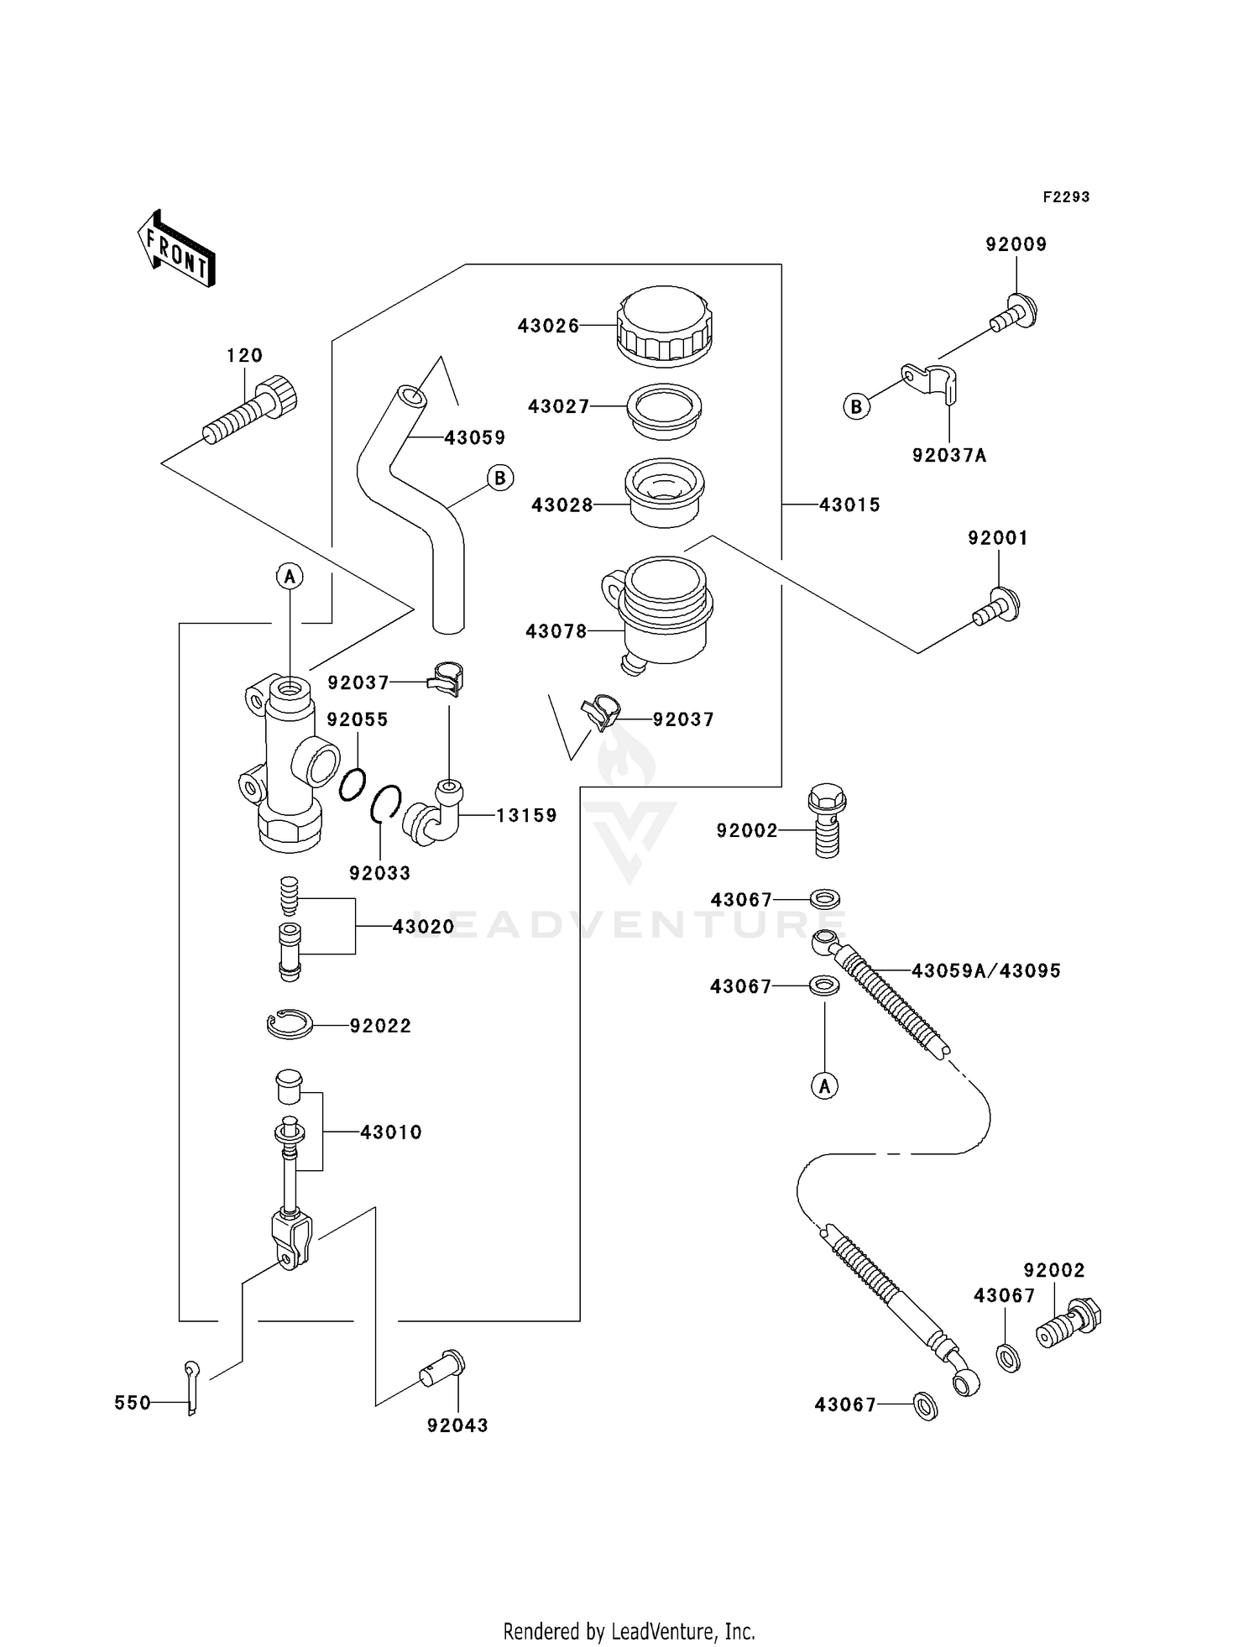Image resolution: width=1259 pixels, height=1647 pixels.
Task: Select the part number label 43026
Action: tap(548, 326)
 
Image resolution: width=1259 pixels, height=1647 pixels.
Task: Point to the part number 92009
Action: tap(1016, 244)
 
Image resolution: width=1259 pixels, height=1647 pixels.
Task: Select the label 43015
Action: tap(849, 505)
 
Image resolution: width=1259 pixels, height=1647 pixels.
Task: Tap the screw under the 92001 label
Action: tap(997, 607)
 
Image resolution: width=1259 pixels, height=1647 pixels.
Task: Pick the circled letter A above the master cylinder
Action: tap(290, 576)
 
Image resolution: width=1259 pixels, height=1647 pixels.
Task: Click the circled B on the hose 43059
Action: tap(500, 478)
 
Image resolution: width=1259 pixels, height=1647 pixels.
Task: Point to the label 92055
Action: tap(358, 719)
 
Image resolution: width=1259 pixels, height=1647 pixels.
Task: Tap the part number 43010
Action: tap(391, 1132)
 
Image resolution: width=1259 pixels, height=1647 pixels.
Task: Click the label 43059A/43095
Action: tap(986, 970)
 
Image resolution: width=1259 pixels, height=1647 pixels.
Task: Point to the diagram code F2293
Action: tap(1066, 196)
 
